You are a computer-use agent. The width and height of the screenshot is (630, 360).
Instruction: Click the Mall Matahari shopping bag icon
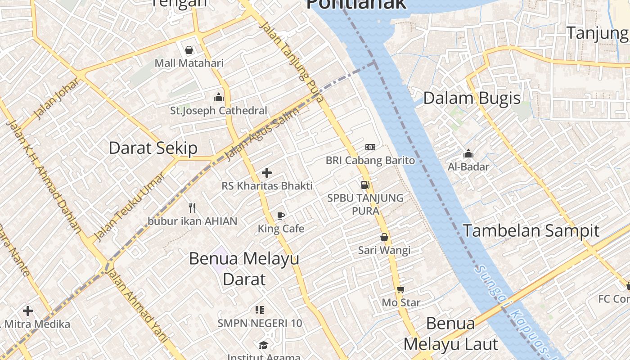click(189, 49)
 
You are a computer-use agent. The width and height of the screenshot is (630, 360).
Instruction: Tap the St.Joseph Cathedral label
click(218, 110)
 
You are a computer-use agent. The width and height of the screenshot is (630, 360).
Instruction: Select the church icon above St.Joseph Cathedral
click(219, 97)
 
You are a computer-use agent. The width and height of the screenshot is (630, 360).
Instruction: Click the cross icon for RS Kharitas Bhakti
click(267, 172)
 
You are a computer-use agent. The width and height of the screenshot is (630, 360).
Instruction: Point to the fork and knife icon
click(193, 207)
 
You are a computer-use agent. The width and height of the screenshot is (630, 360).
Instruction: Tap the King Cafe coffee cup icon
click(281, 216)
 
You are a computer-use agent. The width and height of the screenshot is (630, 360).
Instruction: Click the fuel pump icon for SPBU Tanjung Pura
click(365, 184)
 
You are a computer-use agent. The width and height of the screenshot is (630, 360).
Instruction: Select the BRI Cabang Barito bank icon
click(370, 147)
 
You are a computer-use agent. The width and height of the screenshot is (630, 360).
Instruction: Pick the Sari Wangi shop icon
click(384, 237)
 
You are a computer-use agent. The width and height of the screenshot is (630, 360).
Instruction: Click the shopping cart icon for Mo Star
click(400, 289)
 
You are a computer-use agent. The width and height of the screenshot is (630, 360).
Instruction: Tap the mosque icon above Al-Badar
click(468, 154)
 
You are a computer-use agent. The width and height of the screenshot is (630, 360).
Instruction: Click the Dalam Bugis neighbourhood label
click(472, 98)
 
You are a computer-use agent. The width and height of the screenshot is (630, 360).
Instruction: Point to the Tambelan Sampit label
click(531, 230)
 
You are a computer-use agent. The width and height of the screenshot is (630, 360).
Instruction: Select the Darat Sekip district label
click(153, 148)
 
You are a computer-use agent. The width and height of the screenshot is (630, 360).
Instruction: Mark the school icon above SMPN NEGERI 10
click(259, 310)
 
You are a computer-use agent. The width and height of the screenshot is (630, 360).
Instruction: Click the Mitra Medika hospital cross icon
click(28, 310)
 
